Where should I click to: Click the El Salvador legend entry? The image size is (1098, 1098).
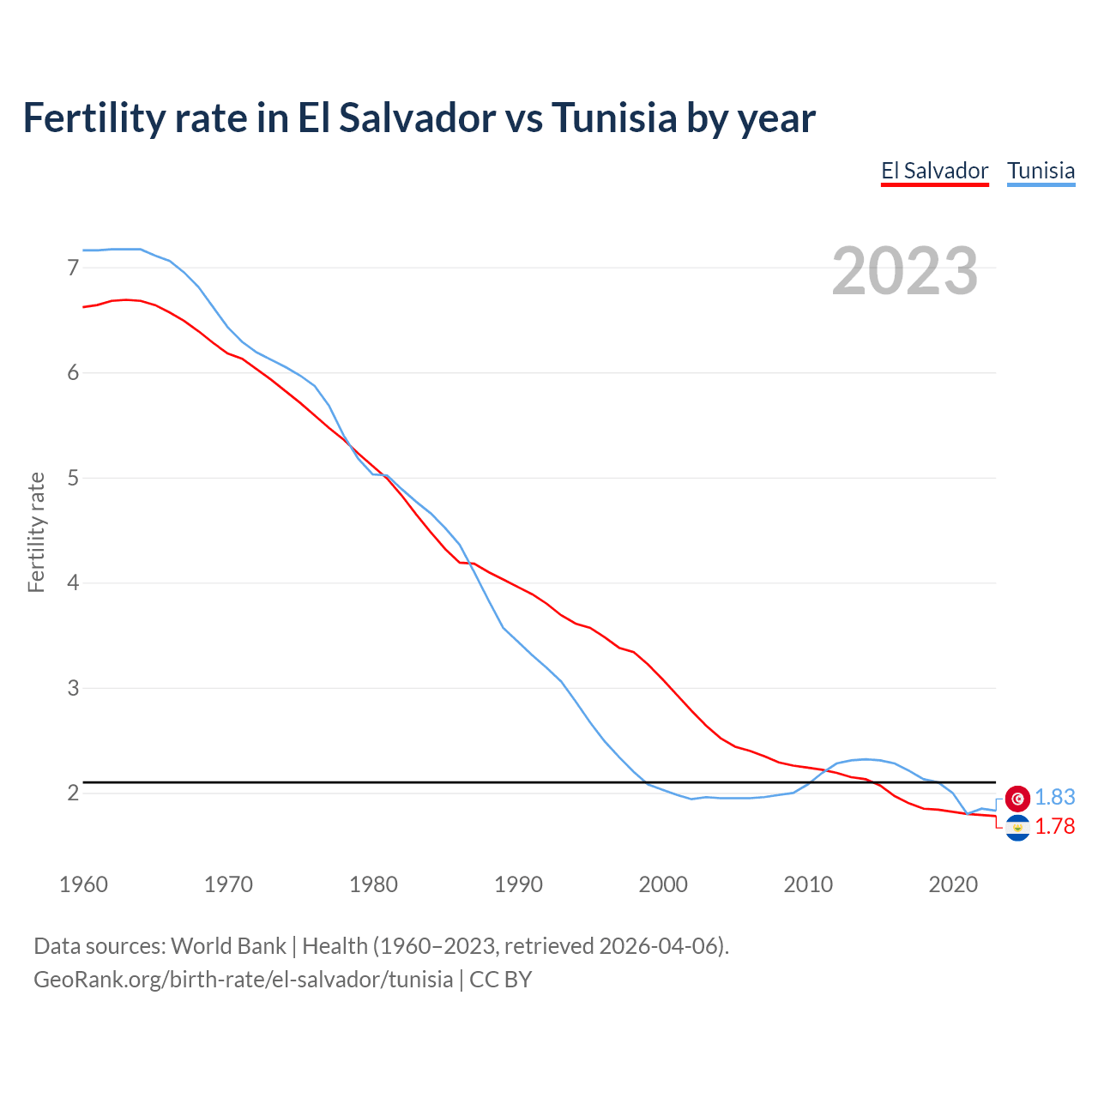(x=934, y=171)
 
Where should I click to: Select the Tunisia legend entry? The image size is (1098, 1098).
(x=1041, y=171)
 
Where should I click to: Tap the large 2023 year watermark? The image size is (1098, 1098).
(x=905, y=271)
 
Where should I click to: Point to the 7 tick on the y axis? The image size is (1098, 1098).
(x=73, y=268)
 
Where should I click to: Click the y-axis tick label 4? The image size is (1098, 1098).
(x=73, y=583)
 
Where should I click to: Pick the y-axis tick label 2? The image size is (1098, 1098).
(x=73, y=793)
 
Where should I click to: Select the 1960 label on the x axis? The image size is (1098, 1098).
(x=83, y=884)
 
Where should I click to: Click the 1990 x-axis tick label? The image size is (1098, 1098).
(x=518, y=884)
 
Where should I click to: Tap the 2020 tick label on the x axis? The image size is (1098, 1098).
(x=953, y=884)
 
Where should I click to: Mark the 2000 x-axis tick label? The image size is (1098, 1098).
(x=663, y=884)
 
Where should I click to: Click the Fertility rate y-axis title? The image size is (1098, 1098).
(x=36, y=532)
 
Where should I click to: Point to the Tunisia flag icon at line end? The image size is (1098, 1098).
(x=1017, y=799)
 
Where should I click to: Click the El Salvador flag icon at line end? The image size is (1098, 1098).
(x=1017, y=828)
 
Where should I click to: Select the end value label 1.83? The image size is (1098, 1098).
(x=1054, y=798)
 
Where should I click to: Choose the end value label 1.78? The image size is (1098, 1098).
(x=1054, y=827)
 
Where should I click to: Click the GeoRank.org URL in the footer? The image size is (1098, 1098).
(x=243, y=980)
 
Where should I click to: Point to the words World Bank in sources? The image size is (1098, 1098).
(x=228, y=946)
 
